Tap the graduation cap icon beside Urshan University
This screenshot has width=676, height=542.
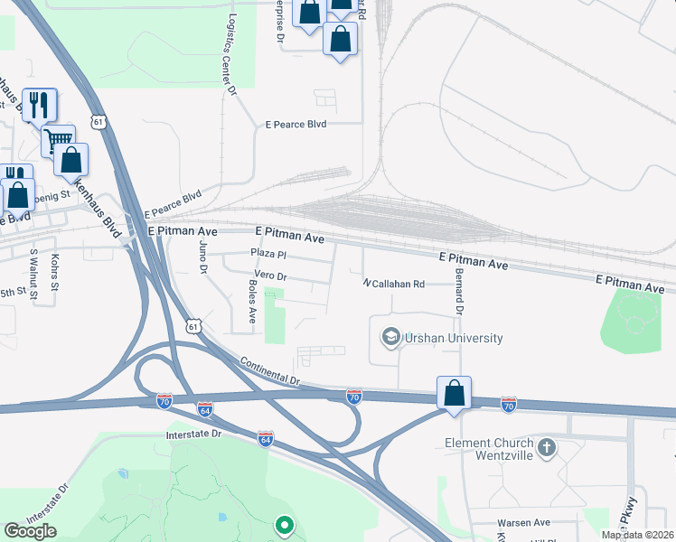[390, 338]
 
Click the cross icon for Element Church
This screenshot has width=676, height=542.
[546, 448]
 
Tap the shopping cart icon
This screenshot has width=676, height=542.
[58, 140]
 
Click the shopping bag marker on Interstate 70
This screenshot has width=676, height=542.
[454, 394]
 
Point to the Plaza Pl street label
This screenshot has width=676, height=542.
[268, 255]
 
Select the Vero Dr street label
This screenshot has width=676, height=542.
[270, 276]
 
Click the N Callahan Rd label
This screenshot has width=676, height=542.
[393, 284]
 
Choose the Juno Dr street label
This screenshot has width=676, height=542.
[202, 257]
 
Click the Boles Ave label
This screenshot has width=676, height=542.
[252, 303]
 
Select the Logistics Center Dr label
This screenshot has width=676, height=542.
[231, 54]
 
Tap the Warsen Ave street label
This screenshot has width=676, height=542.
[523, 523]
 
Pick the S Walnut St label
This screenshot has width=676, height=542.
[33, 275]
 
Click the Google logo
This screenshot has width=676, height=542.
[31, 531]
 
